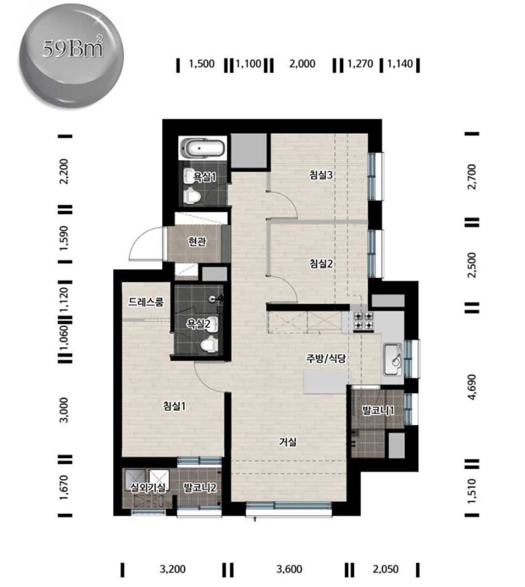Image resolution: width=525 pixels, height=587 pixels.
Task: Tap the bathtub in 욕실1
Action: tap(203, 147)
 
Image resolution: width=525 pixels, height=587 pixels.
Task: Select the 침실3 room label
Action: tap(321, 175)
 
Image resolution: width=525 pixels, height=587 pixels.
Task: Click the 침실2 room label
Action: tap(321, 264)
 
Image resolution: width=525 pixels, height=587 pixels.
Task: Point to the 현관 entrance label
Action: tap(197, 242)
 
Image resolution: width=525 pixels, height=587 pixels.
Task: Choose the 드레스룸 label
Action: tap(146, 301)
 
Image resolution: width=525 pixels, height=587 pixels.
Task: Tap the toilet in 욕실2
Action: tap(209, 344)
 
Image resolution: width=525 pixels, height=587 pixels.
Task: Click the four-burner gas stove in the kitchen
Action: tap(364, 321)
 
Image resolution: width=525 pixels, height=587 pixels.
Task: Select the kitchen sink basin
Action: tap(393, 358)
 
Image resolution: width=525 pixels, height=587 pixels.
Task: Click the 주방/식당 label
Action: tap(326, 359)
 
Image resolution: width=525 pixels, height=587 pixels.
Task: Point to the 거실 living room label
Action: tap(287, 442)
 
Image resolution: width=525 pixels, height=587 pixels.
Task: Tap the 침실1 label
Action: tap(174, 406)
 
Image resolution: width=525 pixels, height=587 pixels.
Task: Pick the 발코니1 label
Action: tap(378, 411)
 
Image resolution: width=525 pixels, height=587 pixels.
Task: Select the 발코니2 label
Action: tap(200, 488)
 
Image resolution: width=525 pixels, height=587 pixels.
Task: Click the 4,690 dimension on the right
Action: tap(472, 387)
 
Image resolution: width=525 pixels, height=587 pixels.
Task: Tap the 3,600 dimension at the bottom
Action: tap(289, 569)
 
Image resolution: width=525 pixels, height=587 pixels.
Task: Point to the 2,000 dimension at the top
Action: tap(302, 64)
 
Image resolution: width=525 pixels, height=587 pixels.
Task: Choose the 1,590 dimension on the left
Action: tap(64, 238)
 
